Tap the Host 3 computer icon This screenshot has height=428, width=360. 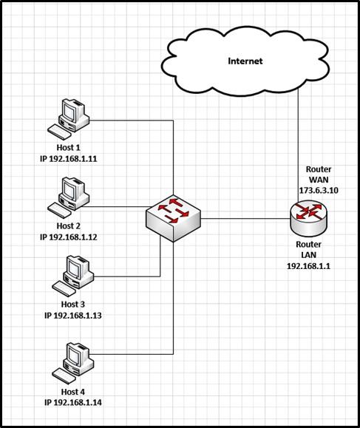tap(72, 274)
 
